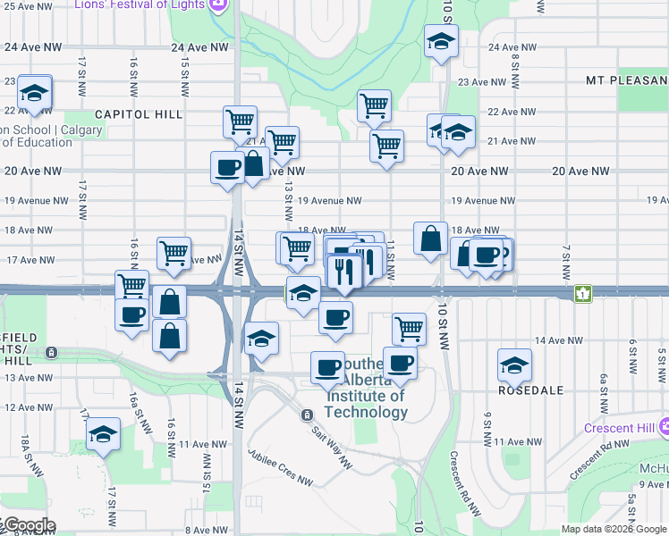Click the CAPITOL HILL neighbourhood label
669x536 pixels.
(x=138, y=114)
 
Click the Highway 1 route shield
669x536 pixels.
(x=583, y=292)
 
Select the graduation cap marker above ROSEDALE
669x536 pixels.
(x=515, y=364)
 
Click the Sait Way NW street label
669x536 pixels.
(x=332, y=443)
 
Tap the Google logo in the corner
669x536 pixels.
(x=29, y=525)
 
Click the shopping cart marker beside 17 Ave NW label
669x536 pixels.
(x=173, y=253)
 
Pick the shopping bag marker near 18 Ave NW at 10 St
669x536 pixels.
(x=430, y=239)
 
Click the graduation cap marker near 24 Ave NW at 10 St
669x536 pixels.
(x=440, y=42)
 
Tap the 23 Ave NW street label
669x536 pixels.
(x=482, y=82)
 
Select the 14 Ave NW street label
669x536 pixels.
(x=558, y=340)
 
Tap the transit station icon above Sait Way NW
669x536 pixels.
(x=307, y=415)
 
